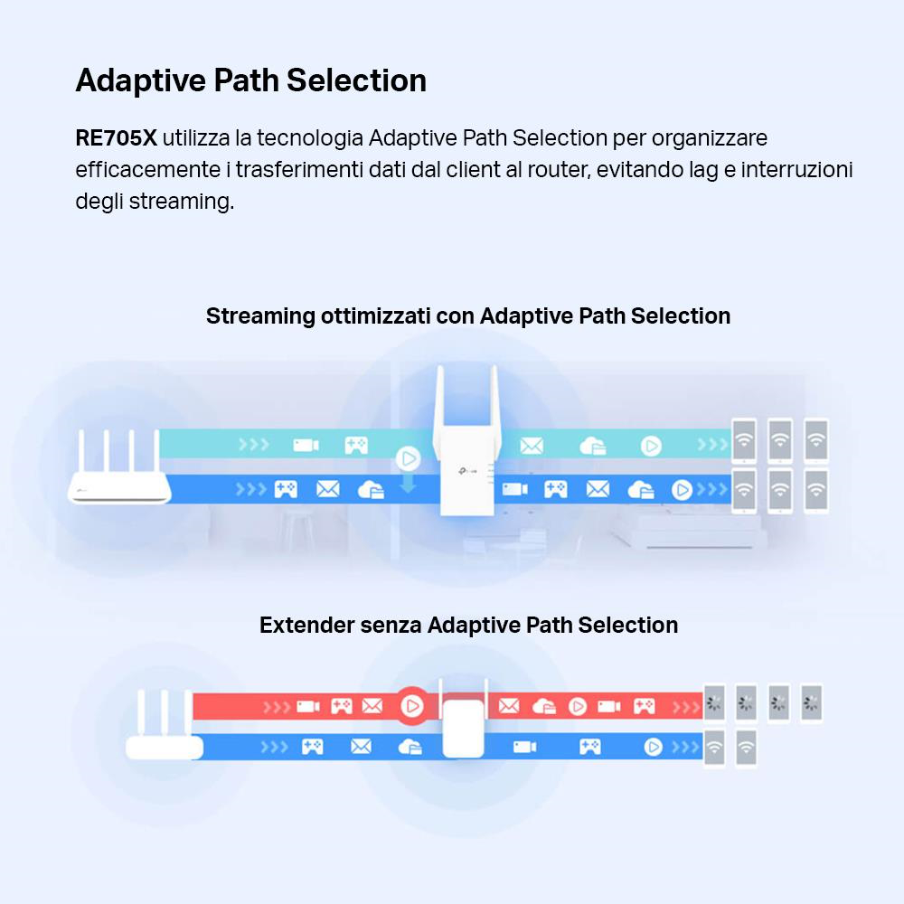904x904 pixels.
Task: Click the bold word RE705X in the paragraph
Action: [x=116, y=138]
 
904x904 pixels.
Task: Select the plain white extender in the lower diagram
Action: [x=464, y=728]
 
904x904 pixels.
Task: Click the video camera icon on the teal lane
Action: [x=306, y=445]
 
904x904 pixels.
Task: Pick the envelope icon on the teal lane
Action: [x=532, y=445]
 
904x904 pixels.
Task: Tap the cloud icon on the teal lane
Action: [x=592, y=445]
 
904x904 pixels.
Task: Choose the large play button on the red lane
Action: [x=412, y=705]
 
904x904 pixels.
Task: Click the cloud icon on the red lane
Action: [x=543, y=706]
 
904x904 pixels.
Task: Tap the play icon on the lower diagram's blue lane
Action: [x=653, y=747]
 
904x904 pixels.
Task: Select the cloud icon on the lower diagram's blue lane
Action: [x=410, y=747]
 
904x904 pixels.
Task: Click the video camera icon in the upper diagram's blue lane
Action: [x=514, y=489]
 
